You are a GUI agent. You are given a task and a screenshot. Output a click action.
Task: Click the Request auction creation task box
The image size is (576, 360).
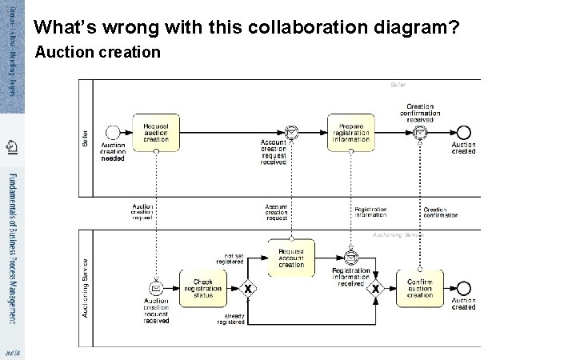[x=157, y=133]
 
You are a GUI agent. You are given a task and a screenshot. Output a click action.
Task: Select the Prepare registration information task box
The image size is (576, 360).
[x=350, y=133]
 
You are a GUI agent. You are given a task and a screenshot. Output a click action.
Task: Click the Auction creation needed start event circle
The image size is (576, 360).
[x=113, y=133]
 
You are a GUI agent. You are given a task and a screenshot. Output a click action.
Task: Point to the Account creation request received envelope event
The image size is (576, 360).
[x=274, y=133]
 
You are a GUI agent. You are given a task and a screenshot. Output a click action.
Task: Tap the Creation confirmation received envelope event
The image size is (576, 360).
[x=420, y=133]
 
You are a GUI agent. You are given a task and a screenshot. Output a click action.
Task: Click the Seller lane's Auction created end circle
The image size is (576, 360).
[x=463, y=133]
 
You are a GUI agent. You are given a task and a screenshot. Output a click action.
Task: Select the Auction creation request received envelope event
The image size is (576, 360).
[x=156, y=288]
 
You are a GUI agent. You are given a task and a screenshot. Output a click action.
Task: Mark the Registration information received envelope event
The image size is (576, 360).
[x=350, y=257]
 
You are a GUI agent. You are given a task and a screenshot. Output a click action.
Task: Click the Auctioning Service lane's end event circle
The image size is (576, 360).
[x=463, y=288]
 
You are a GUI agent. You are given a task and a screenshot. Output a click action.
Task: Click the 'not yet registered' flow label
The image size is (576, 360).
[x=230, y=258]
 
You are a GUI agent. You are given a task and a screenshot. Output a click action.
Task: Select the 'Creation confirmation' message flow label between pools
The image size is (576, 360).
[x=441, y=212]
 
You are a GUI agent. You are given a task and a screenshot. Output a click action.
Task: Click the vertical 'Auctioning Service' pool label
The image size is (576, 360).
[x=86, y=286]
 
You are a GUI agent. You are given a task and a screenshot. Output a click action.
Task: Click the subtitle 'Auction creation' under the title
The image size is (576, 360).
[x=98, y=53]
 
